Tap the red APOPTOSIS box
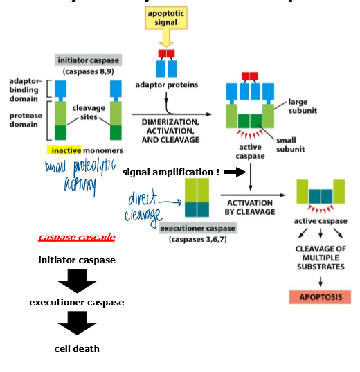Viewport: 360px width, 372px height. tap(320, 297)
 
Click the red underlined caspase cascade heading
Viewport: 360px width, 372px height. tap(77, 238)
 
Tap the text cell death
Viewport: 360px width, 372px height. tap(77, 348)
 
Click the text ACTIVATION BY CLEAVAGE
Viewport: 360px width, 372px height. tap(249, 207)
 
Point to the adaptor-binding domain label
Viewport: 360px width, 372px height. tap(24, 90)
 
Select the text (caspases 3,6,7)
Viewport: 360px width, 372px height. tap(198, 239)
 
